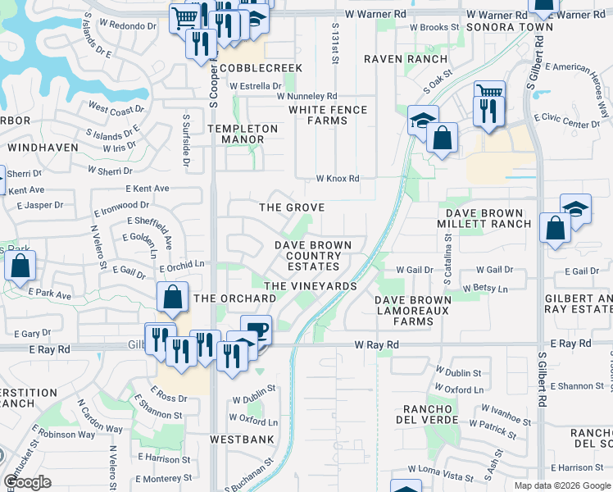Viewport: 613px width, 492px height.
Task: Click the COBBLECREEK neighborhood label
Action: pyautogui.click(x=261, y=68)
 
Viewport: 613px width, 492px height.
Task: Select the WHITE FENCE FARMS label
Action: pyautogui.click(x=327, y=115)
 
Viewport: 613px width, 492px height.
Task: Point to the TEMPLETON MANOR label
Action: pyautogui.click(x=242, y=134)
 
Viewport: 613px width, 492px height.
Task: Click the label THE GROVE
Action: pyautogui.click(x=293, y=207)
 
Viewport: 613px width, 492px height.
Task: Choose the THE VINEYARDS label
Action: pyautogui.click(x=311, y=286)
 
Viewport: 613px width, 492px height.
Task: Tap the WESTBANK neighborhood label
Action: pyautogui.click(x=241, y=440)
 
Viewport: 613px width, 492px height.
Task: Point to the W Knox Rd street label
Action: pyautogui.click(x=338, y=179)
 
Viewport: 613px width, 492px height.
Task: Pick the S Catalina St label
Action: pyautogui.click(x=449, y=259)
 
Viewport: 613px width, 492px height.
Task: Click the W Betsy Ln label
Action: pyautogui.click(x=485, y=288)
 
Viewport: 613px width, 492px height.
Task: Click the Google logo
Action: pyautogui.click(x=28, y=482)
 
